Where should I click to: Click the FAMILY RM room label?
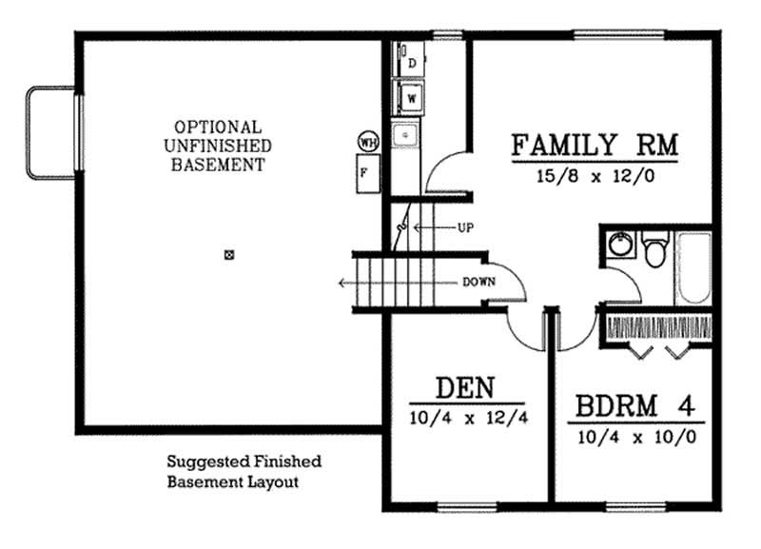[594, 146]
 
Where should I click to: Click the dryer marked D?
[412, 63]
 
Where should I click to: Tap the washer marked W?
[412, 96]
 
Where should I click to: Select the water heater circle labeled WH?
[367, 142]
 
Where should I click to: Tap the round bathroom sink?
[620, 244]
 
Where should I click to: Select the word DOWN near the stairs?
[478, 282]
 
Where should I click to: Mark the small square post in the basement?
[228, 255]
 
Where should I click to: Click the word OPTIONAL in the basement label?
[217, 127]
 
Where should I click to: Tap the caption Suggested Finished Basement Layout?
[244, 472]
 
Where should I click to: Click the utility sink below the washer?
[408, 137]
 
